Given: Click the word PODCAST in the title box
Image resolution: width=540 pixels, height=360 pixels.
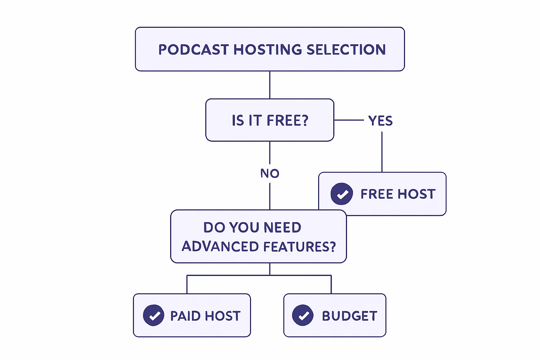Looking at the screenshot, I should tap(194, 50).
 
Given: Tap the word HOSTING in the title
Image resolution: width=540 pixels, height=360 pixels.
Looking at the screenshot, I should tap(268, 50).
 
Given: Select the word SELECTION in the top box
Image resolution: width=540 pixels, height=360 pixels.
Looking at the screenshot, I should tap(346, 50).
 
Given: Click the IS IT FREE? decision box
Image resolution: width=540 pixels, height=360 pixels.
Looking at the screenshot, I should tap(270, 120).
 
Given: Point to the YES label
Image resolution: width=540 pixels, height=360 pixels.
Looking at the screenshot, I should tap(380, 121).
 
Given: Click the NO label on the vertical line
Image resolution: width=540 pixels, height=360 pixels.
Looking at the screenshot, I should tap(270, 173).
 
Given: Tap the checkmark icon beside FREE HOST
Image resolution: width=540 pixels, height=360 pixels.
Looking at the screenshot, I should tap(342, 194).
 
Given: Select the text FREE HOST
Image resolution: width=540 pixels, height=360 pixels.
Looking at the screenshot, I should tap(398, 194).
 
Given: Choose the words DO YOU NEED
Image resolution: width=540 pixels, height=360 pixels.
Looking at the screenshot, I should tap(252, 227).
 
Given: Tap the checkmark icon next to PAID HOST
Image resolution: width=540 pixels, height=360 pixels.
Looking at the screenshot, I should tap(154, 315).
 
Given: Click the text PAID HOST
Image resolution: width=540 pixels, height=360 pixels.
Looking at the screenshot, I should tap(205, 316).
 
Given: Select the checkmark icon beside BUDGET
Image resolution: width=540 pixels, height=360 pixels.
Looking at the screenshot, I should tap(303, 315).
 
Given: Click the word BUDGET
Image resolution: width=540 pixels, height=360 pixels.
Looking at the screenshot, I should tap(349, 316).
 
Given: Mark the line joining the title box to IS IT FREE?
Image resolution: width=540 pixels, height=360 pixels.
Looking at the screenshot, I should tap(270, 85).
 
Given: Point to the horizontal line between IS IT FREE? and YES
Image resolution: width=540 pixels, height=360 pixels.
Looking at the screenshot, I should tap(348, 120).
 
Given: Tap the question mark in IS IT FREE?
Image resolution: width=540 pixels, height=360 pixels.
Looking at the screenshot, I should tap(305, 120).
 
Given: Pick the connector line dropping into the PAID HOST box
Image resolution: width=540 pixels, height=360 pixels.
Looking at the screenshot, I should tap(187, 285).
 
